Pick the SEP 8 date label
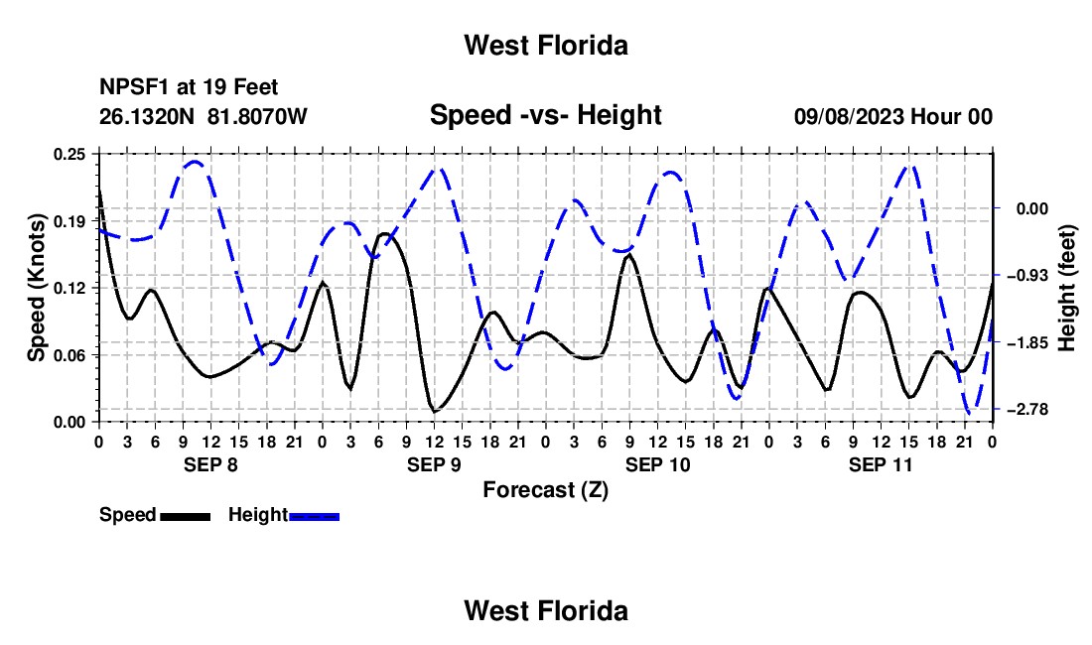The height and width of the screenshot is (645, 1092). [x=210, y=464]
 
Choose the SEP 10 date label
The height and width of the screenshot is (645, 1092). [x=657, y=464]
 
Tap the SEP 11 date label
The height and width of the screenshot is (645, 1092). [x=881, y=464]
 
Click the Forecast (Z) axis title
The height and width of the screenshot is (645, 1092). [x=546, y=490]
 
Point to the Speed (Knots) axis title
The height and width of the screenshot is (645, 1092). [x=36, y=288]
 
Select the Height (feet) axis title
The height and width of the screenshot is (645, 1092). [x=1067, y=288]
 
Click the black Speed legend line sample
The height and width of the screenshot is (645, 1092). [x=186, y=517]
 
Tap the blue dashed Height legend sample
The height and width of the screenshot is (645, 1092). [x=314, y=517]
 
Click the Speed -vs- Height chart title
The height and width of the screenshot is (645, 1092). [x=546, y=115]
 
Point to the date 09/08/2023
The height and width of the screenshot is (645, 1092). [x=849, y=117]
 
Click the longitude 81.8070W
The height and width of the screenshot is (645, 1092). [x=257, y=116]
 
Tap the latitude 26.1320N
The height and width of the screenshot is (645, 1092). [x=146, y=116]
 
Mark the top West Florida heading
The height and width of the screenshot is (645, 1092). [x=546, y=46]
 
